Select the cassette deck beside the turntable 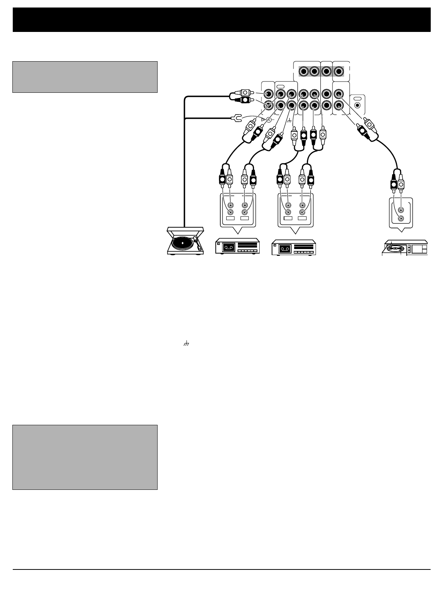pyautogui.click(x=238, y=247)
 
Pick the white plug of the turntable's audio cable pyautogui.click(x=245, y=92)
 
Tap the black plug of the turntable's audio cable pyautogui.click(x=245, y=100)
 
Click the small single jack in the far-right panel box pyautogui.click(x=357, y=106)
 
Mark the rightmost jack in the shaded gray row pyautogui.click(x=339, y=71)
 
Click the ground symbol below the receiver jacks pyautogui.click(x=289, y=121)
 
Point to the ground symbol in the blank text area pyautogui.click(x=185, y=344)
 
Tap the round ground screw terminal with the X pyautogui.click(x=269, y=119)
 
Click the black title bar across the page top pyautogui.click(x=222, y=20)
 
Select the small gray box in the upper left pyautogui.click(x=85, y=77)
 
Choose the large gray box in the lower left pyautogui.click(x=85, y=457)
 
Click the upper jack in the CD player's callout pyautogui.click(x=401, y=210)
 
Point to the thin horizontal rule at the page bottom pyautogui.click(x=222, y=570)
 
